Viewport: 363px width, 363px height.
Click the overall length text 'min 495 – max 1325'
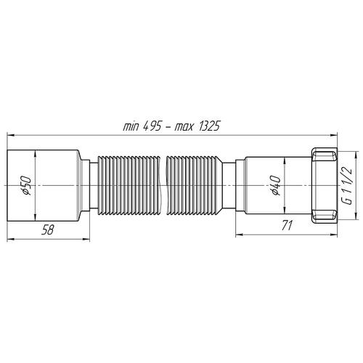[x=171, y=126]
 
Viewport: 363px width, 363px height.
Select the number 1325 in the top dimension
[x=208, y=126]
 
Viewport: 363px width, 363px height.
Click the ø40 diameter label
[x=275, y=187]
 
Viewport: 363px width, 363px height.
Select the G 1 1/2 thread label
[x=348, y=187]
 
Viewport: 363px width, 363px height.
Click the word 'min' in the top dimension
[x=131, y=126]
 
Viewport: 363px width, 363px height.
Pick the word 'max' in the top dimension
[x=184, y=126]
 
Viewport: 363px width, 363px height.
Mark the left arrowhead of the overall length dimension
[x=10, y=134]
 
